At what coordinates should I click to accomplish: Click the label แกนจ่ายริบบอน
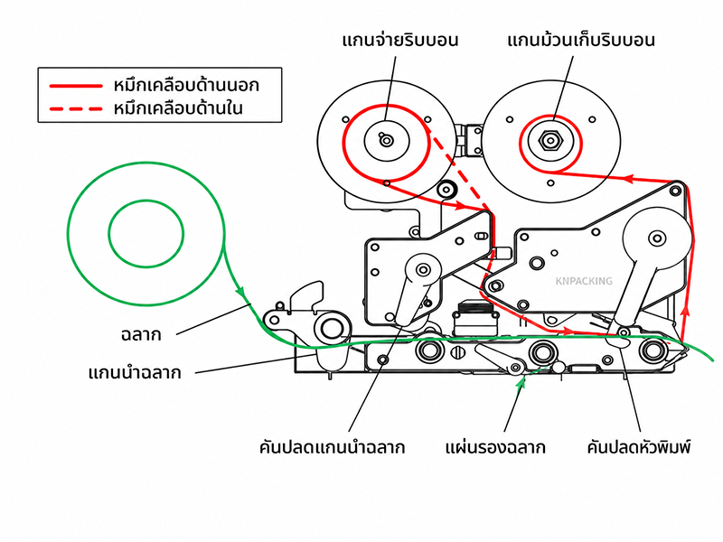400,40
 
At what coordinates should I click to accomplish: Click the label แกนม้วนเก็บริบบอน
581,40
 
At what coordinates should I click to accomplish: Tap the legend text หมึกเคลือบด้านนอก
186,85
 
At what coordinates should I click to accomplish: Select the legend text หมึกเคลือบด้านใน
178,108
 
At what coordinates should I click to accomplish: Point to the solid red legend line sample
76,86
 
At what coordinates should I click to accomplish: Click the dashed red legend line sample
76,109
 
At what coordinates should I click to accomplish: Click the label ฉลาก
141,334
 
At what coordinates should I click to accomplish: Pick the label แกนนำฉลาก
135,372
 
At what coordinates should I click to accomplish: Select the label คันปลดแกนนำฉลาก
332,447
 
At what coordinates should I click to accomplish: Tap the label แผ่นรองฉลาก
495,447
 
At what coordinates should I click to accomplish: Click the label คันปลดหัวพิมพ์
639,447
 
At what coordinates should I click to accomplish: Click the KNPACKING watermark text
584,281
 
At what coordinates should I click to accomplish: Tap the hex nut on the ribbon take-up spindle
550,140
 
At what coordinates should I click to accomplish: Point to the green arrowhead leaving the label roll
240,291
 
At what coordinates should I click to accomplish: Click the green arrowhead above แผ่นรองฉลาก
521,381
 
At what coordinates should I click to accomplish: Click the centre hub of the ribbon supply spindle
387,140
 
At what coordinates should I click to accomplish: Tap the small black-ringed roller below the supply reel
446,189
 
